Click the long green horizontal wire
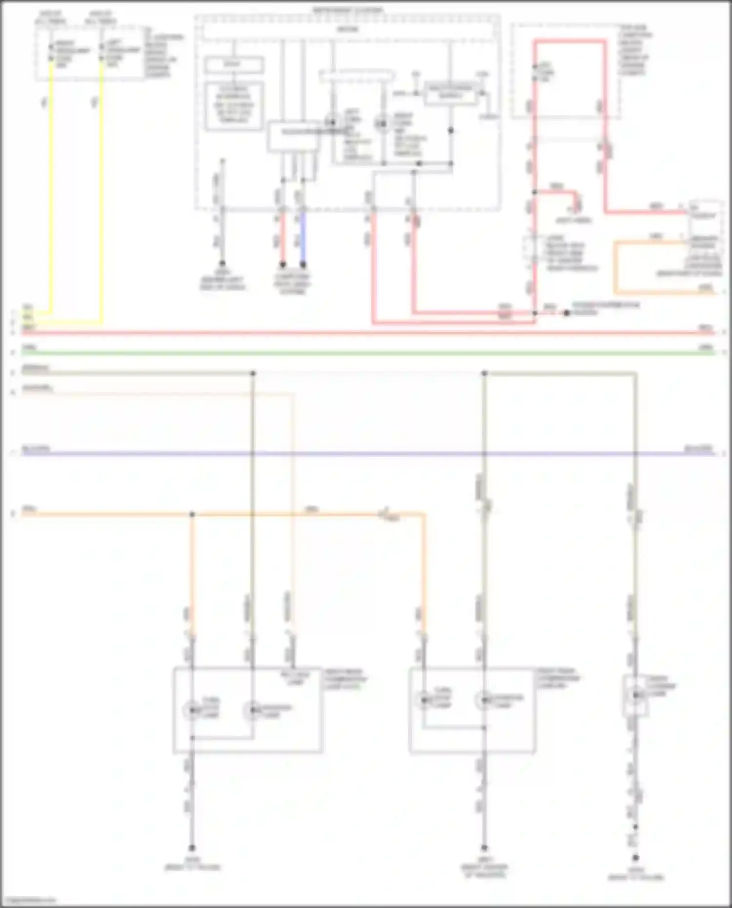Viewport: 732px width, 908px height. (366, 352)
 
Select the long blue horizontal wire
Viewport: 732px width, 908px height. (366, 454)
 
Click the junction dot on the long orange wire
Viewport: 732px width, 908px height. (192, 514)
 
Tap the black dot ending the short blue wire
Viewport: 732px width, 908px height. (303, 265)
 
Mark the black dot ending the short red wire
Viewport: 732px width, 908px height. (282, 265)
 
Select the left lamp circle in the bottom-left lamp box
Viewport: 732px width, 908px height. (192, 709)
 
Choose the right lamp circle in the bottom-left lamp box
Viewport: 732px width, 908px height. (252, 709)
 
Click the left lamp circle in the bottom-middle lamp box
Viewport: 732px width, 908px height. (424, 700)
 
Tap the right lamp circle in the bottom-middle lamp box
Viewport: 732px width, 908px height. (484, 700)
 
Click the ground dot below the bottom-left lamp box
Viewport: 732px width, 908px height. (192, 848)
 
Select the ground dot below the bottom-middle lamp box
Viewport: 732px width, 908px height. (484, 848)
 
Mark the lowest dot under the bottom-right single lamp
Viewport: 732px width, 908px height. (635, 857)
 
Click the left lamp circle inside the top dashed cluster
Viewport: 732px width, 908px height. (333, 122)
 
